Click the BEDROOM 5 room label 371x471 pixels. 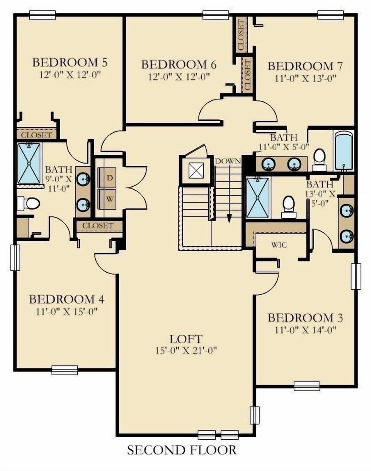pyautogui.click(x=70, y=62)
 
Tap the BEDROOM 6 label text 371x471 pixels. pyautogui.click(x=179, y=64)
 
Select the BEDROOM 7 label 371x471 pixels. pyautogui.click(x=305, y=66)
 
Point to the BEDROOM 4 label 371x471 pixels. pyautogui.click(x=66, y=299)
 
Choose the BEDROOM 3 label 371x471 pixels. pyautogui.click(x=305, y=318)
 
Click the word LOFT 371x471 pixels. pyautogui.click(x=186, y=339)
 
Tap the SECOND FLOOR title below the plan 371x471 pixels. pyautogui.click(x=182, y=450)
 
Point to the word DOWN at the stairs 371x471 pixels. pyautogui.click(x=228, y=161)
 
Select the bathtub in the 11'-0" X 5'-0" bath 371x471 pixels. pyautogui.click(x=344, y=150)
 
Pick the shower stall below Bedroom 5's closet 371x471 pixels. pyautogui.click(x=29, y=163)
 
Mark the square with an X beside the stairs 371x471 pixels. pyautogui.click(x=196, y=170)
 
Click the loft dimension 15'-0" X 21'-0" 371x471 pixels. pyautogui.click(x=186, y=351)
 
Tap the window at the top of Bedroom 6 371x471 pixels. pyautogui.click(x=216, y=15)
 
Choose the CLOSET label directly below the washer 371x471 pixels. pyautogui.click(x=98, y=226)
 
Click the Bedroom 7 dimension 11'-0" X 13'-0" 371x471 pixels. pyautogui.click(x=305, y=78)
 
